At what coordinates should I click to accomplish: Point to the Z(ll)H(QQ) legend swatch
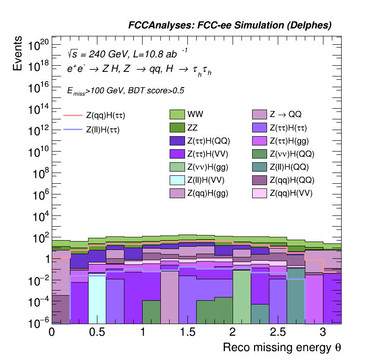point(260,167)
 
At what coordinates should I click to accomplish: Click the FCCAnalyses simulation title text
point(230,26)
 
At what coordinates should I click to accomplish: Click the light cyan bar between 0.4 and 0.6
point(96,298)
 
